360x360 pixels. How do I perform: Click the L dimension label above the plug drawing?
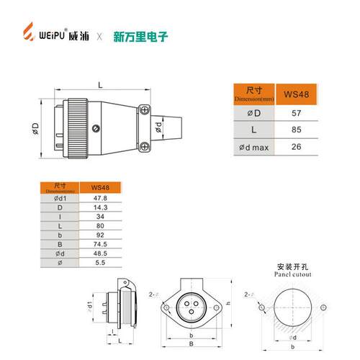coord(99,84)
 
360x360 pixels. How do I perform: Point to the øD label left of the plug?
coord(35,128)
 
